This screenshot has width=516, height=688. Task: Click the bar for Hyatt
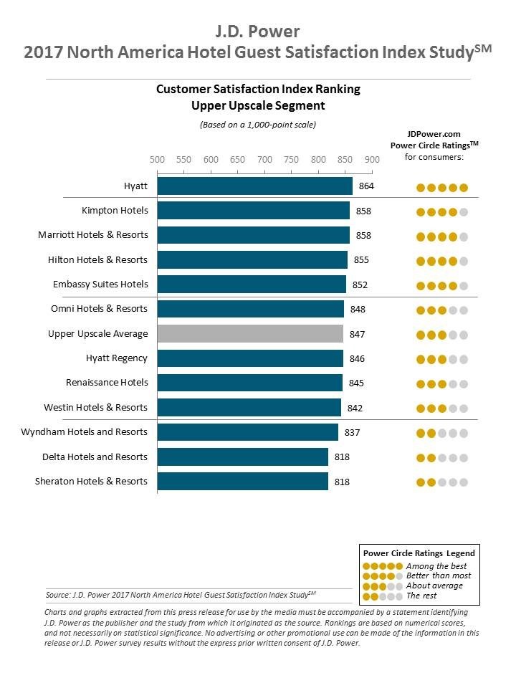pos(254,186)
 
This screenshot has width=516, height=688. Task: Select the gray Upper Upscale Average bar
pos(250,334)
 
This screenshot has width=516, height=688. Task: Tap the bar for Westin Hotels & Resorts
pos(249,408)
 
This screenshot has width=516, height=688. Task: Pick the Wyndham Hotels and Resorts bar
pos(247,432)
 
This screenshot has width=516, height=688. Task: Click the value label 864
pos(367,186)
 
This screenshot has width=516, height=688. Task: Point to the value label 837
pos(352,432)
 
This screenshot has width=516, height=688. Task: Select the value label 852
pos(360,285)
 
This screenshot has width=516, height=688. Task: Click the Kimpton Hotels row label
pos(115,211)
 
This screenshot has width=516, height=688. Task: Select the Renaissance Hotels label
pos(107,383)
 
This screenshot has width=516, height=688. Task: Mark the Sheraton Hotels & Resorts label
pos(92,482)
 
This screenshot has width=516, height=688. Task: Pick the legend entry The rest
pos(421,596)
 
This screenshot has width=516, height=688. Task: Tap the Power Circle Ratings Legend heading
pos(419,553)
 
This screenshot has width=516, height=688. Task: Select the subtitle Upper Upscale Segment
pos(258,105)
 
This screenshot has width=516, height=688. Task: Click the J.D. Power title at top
pos(258,31)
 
